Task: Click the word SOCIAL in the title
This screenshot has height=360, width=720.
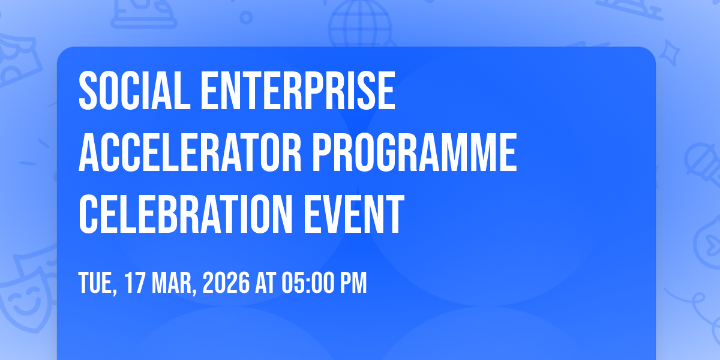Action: [134, 91]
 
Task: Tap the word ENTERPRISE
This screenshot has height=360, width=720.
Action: [298, 91]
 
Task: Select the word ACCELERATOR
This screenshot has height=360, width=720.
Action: [190, 152]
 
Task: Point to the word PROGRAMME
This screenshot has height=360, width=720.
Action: [415, 152]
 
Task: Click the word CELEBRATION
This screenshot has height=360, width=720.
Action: [186, 214]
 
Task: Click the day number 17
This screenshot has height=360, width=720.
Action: [134, 283]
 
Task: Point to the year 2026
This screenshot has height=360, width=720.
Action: [226, 283]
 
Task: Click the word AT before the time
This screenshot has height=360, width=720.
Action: [265, 283]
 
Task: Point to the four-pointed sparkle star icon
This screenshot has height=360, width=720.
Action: [670, 53]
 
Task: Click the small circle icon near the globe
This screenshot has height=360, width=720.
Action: [246, 17]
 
